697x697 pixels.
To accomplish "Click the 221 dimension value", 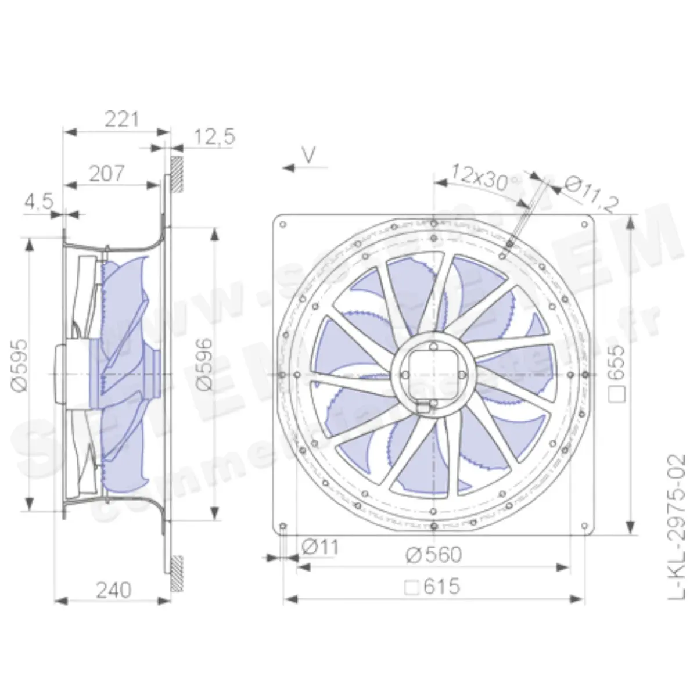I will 122,119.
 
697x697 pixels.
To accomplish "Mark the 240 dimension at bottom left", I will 113,591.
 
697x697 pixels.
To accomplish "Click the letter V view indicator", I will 309,154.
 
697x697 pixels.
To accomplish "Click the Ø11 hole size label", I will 320,547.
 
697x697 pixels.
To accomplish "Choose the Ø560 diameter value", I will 434,555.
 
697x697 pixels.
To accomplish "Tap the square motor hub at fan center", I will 434,374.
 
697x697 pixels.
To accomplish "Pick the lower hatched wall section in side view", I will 177,573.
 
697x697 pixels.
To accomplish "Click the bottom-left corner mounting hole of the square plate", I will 283,527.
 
